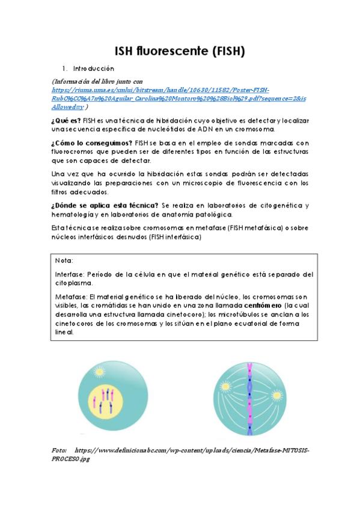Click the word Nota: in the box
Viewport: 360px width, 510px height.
pyautogui.click(x=64, y=261)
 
